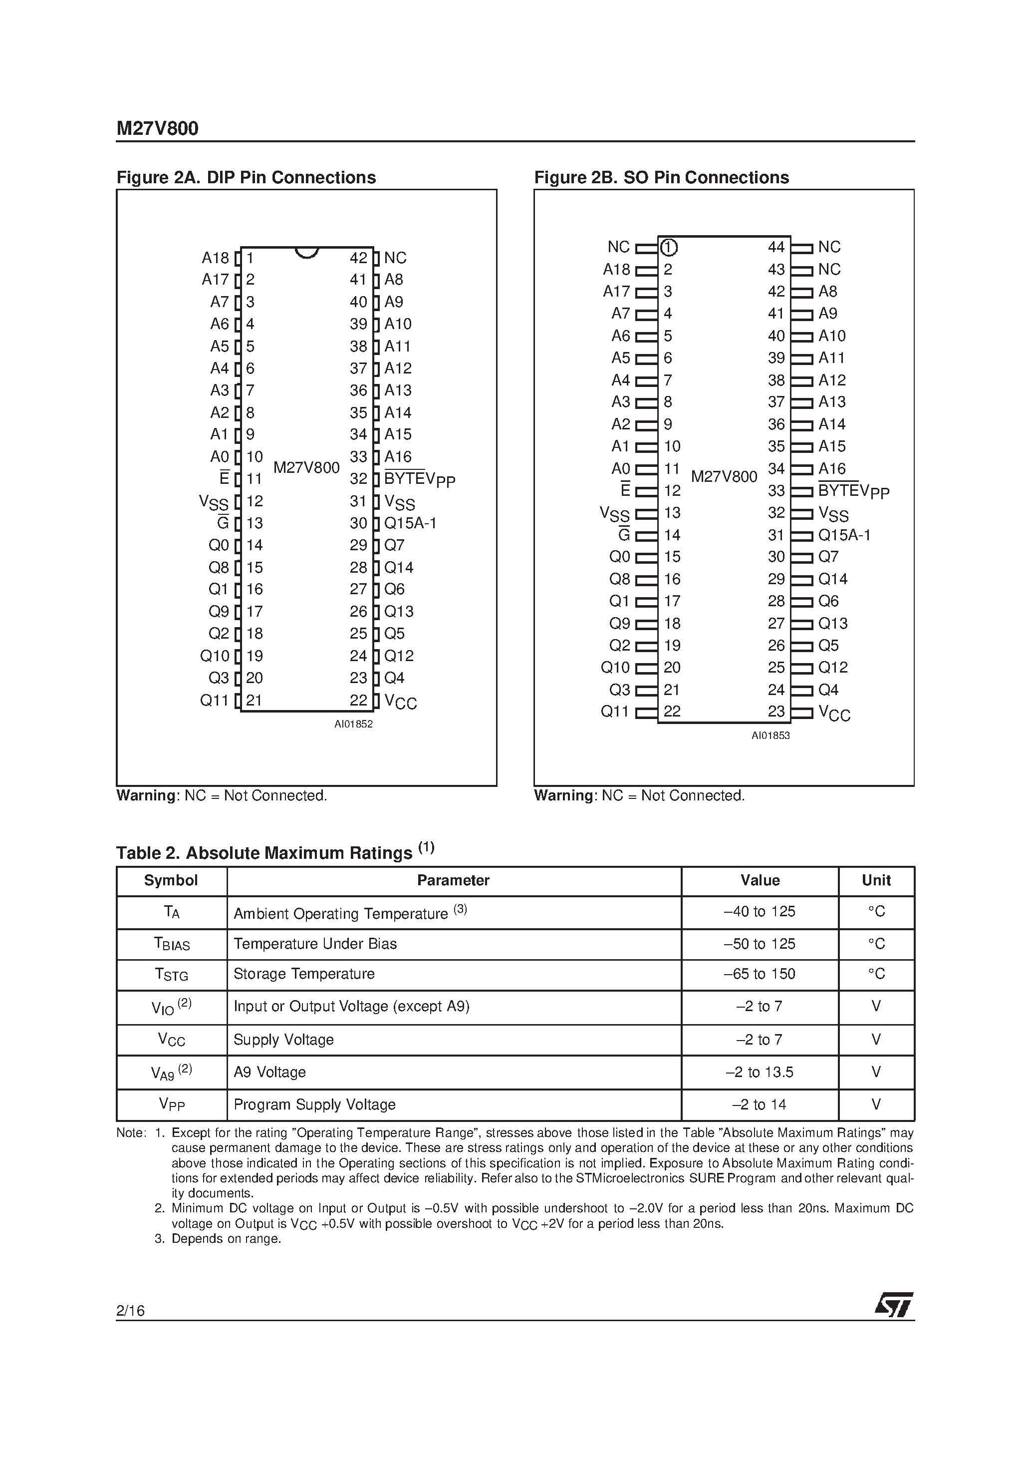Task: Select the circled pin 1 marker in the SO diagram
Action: [669, 247]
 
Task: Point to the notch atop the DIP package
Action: [307, 253]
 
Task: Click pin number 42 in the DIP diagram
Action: [358, 258]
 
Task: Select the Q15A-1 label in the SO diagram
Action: [844, 535]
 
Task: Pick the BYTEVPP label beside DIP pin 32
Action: [420, 479]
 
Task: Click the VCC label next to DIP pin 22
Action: [400, 702]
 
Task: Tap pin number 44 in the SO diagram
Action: [776, 247]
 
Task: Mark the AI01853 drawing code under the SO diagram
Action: [771, 735]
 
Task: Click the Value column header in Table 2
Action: [760, 880]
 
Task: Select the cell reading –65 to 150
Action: [760, 974]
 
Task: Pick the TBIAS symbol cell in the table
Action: [172, 944]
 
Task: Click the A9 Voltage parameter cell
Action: [269, 1072]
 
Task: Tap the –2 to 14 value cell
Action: [759, 1104]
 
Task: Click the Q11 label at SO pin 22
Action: [615, 712]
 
